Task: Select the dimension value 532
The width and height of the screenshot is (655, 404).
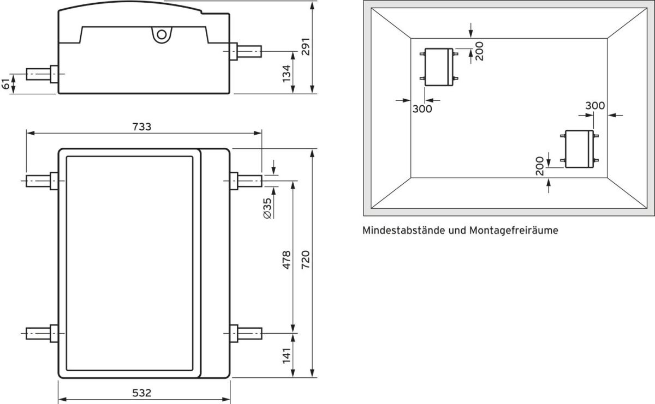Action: pyautogui.click(x=143, y=393)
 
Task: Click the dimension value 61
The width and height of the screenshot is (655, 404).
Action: pyautogui.click(x=6, y=84)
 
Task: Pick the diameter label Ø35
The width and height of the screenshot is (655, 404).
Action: pyautogui.click(x=266, y=208)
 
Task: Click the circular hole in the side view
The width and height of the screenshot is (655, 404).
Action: pyautogui.click(x=160, y=34)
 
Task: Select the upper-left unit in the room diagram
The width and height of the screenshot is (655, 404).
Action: pyautogui.click(x=438, y=67)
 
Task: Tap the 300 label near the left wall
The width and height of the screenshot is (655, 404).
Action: pyautogui.click(x=422, y=109)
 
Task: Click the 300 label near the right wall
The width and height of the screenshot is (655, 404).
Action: pyautogui.click(x=595, y=106)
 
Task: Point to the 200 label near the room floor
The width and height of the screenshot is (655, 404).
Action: pyautogui.click(x=539, y=166)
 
